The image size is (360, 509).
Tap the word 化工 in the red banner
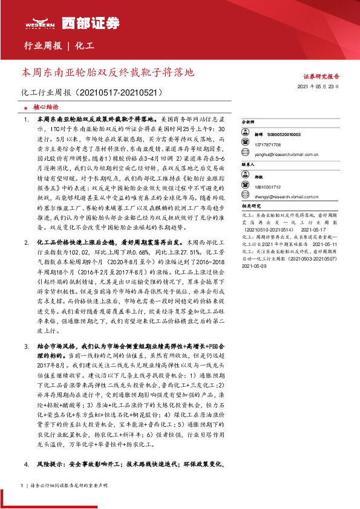[85, 47]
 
